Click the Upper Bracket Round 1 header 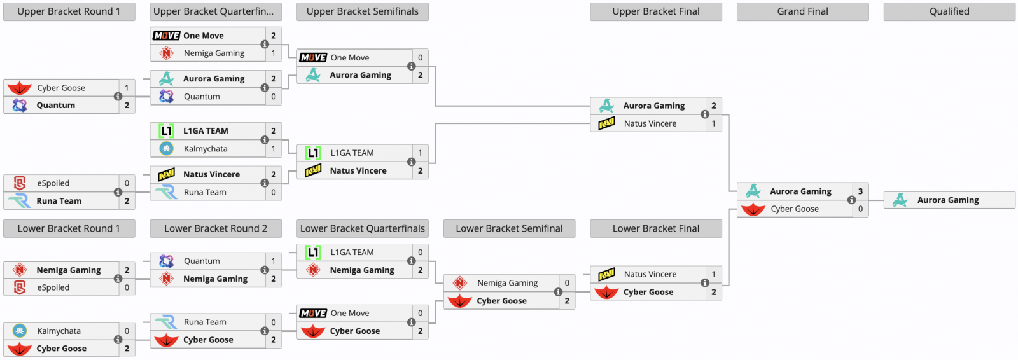69,11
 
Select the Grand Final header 802,11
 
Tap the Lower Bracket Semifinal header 509,228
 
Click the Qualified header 949,11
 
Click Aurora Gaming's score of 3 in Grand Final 860,191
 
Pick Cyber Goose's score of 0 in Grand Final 860,209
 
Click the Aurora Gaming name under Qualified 948,200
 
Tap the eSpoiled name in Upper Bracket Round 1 53,183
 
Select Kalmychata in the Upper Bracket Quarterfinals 206,149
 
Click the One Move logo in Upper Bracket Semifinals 313,58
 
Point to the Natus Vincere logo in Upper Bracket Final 607,123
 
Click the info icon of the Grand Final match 852,200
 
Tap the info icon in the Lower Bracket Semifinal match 558,292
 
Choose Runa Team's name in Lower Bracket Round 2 205,322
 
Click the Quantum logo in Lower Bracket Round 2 166,261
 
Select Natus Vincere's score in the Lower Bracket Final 713,274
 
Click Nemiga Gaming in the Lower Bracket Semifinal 507,283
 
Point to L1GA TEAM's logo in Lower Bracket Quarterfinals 313,253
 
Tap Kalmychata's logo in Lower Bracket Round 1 20,331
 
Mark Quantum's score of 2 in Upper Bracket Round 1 127,106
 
